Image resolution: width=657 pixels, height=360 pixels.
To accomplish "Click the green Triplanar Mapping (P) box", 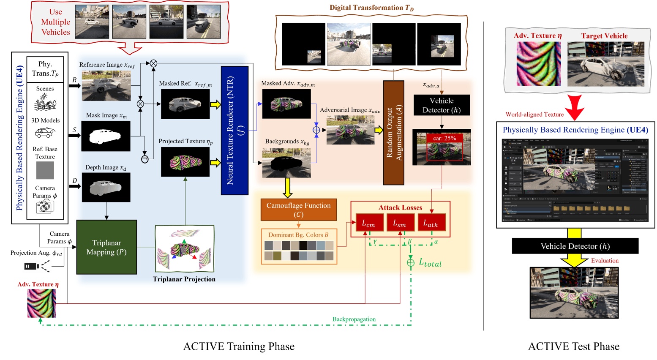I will click(106, 247).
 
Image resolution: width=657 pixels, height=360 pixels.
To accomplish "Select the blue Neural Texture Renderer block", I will click(234, 130).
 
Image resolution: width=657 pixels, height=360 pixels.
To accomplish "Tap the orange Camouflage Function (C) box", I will click(298, 210).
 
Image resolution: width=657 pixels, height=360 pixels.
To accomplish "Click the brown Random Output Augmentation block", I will click(393, 133).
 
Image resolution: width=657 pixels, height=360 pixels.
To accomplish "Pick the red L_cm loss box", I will click(368, 223).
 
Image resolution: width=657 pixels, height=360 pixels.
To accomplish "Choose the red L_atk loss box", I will click(431, 223).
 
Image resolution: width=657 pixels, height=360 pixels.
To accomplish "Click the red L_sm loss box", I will click(400, 223).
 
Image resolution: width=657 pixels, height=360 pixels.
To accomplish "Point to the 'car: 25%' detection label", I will click(444, 138).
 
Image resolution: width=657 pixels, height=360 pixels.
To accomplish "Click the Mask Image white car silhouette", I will click(106, 136).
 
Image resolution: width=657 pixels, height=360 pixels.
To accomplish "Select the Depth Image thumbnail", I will click(106, 188).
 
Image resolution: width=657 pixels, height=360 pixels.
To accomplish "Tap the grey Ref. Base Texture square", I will click(45, 170).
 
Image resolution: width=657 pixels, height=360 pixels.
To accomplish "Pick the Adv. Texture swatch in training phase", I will click(41, 303).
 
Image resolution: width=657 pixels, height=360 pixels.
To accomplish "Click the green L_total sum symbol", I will click(410, 263).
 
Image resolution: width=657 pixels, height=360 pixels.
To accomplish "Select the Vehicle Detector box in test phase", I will click(575, 246).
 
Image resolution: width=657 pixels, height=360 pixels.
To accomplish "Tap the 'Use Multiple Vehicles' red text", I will click(55, 22).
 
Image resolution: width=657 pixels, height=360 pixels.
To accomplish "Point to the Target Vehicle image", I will click(605, 64).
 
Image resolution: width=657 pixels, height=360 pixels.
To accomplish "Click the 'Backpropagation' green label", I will click(354, 319).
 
